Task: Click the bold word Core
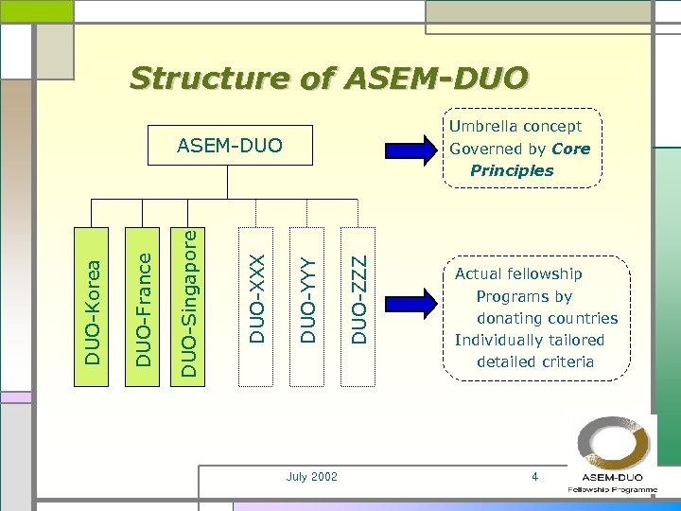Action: [x=570, y=149]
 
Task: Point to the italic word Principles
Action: [x=512, y=171]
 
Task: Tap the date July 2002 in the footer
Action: [x=311, y=477]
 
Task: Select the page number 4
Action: [x=534, y=477]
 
